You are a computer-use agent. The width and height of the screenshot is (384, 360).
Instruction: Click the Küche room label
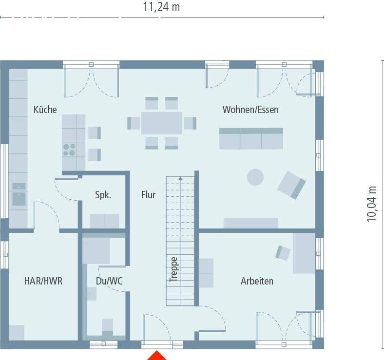(45, 110)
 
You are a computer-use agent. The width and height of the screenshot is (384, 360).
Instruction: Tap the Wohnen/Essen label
(250, 110)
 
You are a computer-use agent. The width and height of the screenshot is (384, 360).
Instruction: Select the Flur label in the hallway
(148, 195)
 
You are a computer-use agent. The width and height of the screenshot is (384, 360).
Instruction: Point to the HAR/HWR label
(43, 281)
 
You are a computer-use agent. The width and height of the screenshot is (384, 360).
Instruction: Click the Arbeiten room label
(257, 281)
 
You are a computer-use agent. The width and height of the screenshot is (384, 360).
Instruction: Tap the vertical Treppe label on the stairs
(174, 269)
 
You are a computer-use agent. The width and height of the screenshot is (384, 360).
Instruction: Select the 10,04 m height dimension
(372, 204)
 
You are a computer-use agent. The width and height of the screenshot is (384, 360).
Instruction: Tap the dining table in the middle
(161, 123)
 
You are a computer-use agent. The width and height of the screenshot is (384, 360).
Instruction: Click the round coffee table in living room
(255, 177)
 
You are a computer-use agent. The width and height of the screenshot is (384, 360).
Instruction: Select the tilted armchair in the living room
(291, 185)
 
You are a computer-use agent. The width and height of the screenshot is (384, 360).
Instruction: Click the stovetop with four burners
(69, 149)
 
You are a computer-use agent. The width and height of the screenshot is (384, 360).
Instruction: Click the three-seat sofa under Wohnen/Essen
(251, 138)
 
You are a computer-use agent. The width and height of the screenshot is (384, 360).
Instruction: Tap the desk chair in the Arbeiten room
(283, 252)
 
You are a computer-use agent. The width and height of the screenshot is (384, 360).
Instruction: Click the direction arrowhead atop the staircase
(181, 178)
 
